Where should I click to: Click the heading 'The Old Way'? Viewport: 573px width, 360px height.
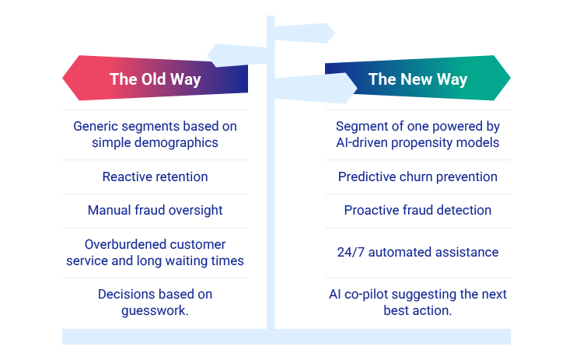coord(155,79)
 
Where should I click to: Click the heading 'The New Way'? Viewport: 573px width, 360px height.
coord(418,79)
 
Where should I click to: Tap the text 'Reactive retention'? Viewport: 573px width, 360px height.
coord(155,177)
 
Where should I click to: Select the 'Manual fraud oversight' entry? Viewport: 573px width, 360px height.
coord(155,210)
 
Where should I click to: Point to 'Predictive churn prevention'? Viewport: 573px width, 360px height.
coord(418,177)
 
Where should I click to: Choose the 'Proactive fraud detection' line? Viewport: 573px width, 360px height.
coord(418,210)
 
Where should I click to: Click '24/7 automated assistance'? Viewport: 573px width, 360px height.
coord(418,252)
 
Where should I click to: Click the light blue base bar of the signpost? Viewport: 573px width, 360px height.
coord(286,337)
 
